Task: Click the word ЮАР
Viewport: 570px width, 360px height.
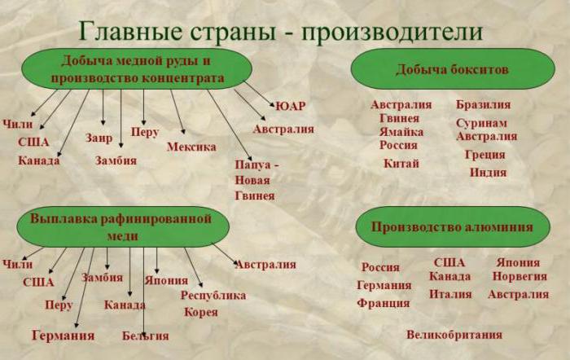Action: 291,106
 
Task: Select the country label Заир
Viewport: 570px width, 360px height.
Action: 99,138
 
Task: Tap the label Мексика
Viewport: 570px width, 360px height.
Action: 191,147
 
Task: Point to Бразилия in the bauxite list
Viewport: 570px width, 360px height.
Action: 484,105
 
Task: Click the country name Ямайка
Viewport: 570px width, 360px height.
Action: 401,132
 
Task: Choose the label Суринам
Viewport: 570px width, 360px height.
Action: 481,123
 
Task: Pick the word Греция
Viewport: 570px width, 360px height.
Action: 485,155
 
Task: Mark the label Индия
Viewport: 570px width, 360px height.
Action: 488,172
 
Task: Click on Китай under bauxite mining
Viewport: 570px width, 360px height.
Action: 401,164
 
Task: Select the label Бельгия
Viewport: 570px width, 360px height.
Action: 146,336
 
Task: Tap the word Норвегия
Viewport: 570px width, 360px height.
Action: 520,276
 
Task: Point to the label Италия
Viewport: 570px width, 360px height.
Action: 450,294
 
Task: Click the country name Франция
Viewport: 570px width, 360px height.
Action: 384,303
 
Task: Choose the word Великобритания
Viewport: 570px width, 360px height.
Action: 454,335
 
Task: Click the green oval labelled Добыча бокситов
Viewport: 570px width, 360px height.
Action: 453,69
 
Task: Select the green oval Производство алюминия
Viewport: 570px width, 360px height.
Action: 453,227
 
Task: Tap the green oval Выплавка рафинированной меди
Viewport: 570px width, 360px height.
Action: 123,227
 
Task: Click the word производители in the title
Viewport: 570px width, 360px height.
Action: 392,32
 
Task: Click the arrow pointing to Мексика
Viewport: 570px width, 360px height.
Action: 178,112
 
